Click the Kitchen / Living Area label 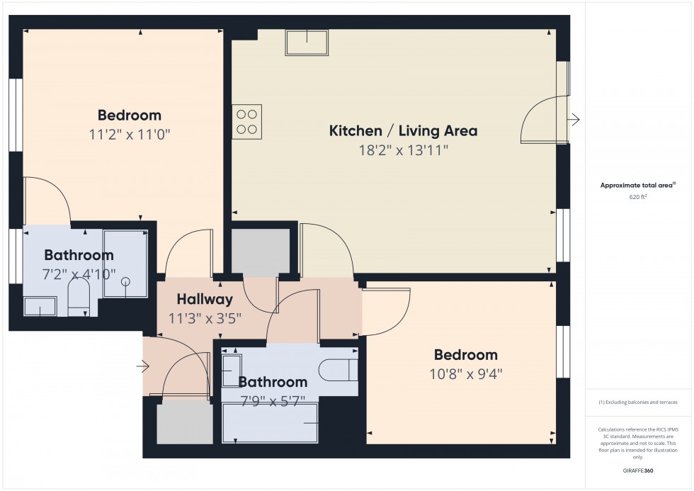pyautogui.click(x=403, y=130)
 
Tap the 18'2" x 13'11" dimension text pyautogui.click(x=403, y=149)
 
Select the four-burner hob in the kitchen pyautogui.click(x=246, y=121)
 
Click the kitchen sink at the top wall pyautogui.click(x=307, y=43)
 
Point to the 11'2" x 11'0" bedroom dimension pyautogui.click(x=130, y=134)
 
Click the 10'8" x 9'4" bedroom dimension pyautogui.click(x=465, y=373)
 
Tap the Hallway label pyautogui.click(x=205, y=299)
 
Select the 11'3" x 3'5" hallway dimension pyautogui.click(x=205, y=318)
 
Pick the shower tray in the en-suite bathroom pyautogui.click(x=125, y=264)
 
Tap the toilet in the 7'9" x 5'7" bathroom pyautogui.click(x=336, y=369)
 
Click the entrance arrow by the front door pyautogui.click(x=144, y=366)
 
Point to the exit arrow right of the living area pyautogui.click(x=575, y=120)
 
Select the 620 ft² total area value pyautogui.click(x=638, y=197)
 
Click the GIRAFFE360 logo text pyautogui.click(x=638, y=470)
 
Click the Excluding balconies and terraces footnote pyautogui.click(x=638, y=402)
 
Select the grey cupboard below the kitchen pyautogui.click(x=261, y=252)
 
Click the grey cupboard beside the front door pyautogui.click(x=184, y=423)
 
